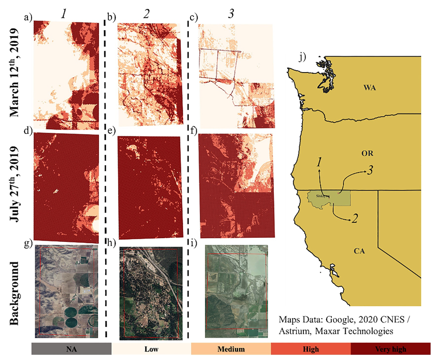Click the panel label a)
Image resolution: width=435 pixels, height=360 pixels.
[x=29, y=18]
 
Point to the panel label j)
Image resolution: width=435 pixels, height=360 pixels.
[x=303, y=57]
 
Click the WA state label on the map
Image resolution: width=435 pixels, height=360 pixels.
[x=369, y=87]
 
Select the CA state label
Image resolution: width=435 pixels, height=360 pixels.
[x=358, y=251]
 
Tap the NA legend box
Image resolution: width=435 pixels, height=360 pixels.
[x=71, y=349]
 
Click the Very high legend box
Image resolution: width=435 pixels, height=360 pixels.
[x=390, y=349]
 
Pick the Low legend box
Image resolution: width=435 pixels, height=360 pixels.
[x=151, y=349]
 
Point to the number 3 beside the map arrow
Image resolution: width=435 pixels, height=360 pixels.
[x=370, y=170]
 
